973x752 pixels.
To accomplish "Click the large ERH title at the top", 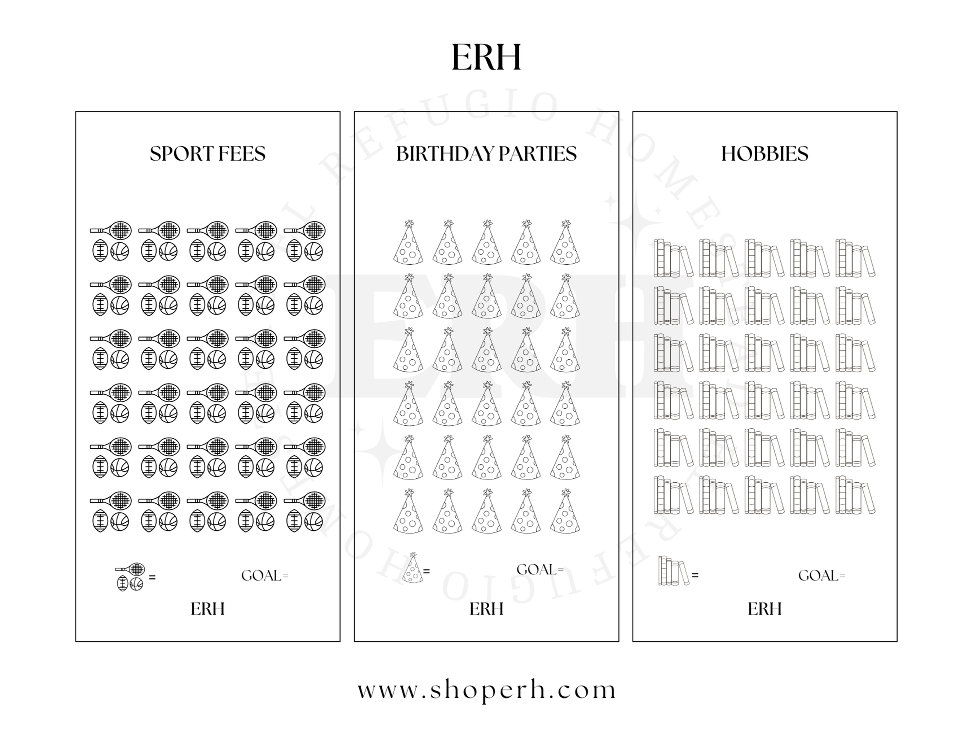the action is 486,57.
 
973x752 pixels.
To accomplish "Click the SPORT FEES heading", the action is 207,154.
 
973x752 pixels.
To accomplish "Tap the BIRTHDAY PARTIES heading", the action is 486,154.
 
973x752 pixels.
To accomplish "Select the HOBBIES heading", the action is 764,154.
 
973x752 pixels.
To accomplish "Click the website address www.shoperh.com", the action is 486,690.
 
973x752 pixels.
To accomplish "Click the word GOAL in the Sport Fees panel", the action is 261,576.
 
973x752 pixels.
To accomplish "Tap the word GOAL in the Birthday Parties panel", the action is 536,570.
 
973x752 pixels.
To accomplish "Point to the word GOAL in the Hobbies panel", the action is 818,576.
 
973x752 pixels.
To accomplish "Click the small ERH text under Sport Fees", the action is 207,609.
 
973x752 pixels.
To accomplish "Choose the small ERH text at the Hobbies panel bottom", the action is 764,609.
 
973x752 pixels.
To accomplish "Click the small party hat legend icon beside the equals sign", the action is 412,568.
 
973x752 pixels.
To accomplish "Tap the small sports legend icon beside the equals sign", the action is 130,577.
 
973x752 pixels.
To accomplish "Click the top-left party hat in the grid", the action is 408,242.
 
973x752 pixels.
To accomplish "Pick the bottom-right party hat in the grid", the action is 565,511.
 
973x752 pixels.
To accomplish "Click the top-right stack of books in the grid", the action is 855,258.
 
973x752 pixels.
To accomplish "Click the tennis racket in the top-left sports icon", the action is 111,231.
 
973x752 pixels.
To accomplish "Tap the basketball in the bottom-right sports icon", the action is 313,521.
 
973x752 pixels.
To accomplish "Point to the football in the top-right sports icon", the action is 294,251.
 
